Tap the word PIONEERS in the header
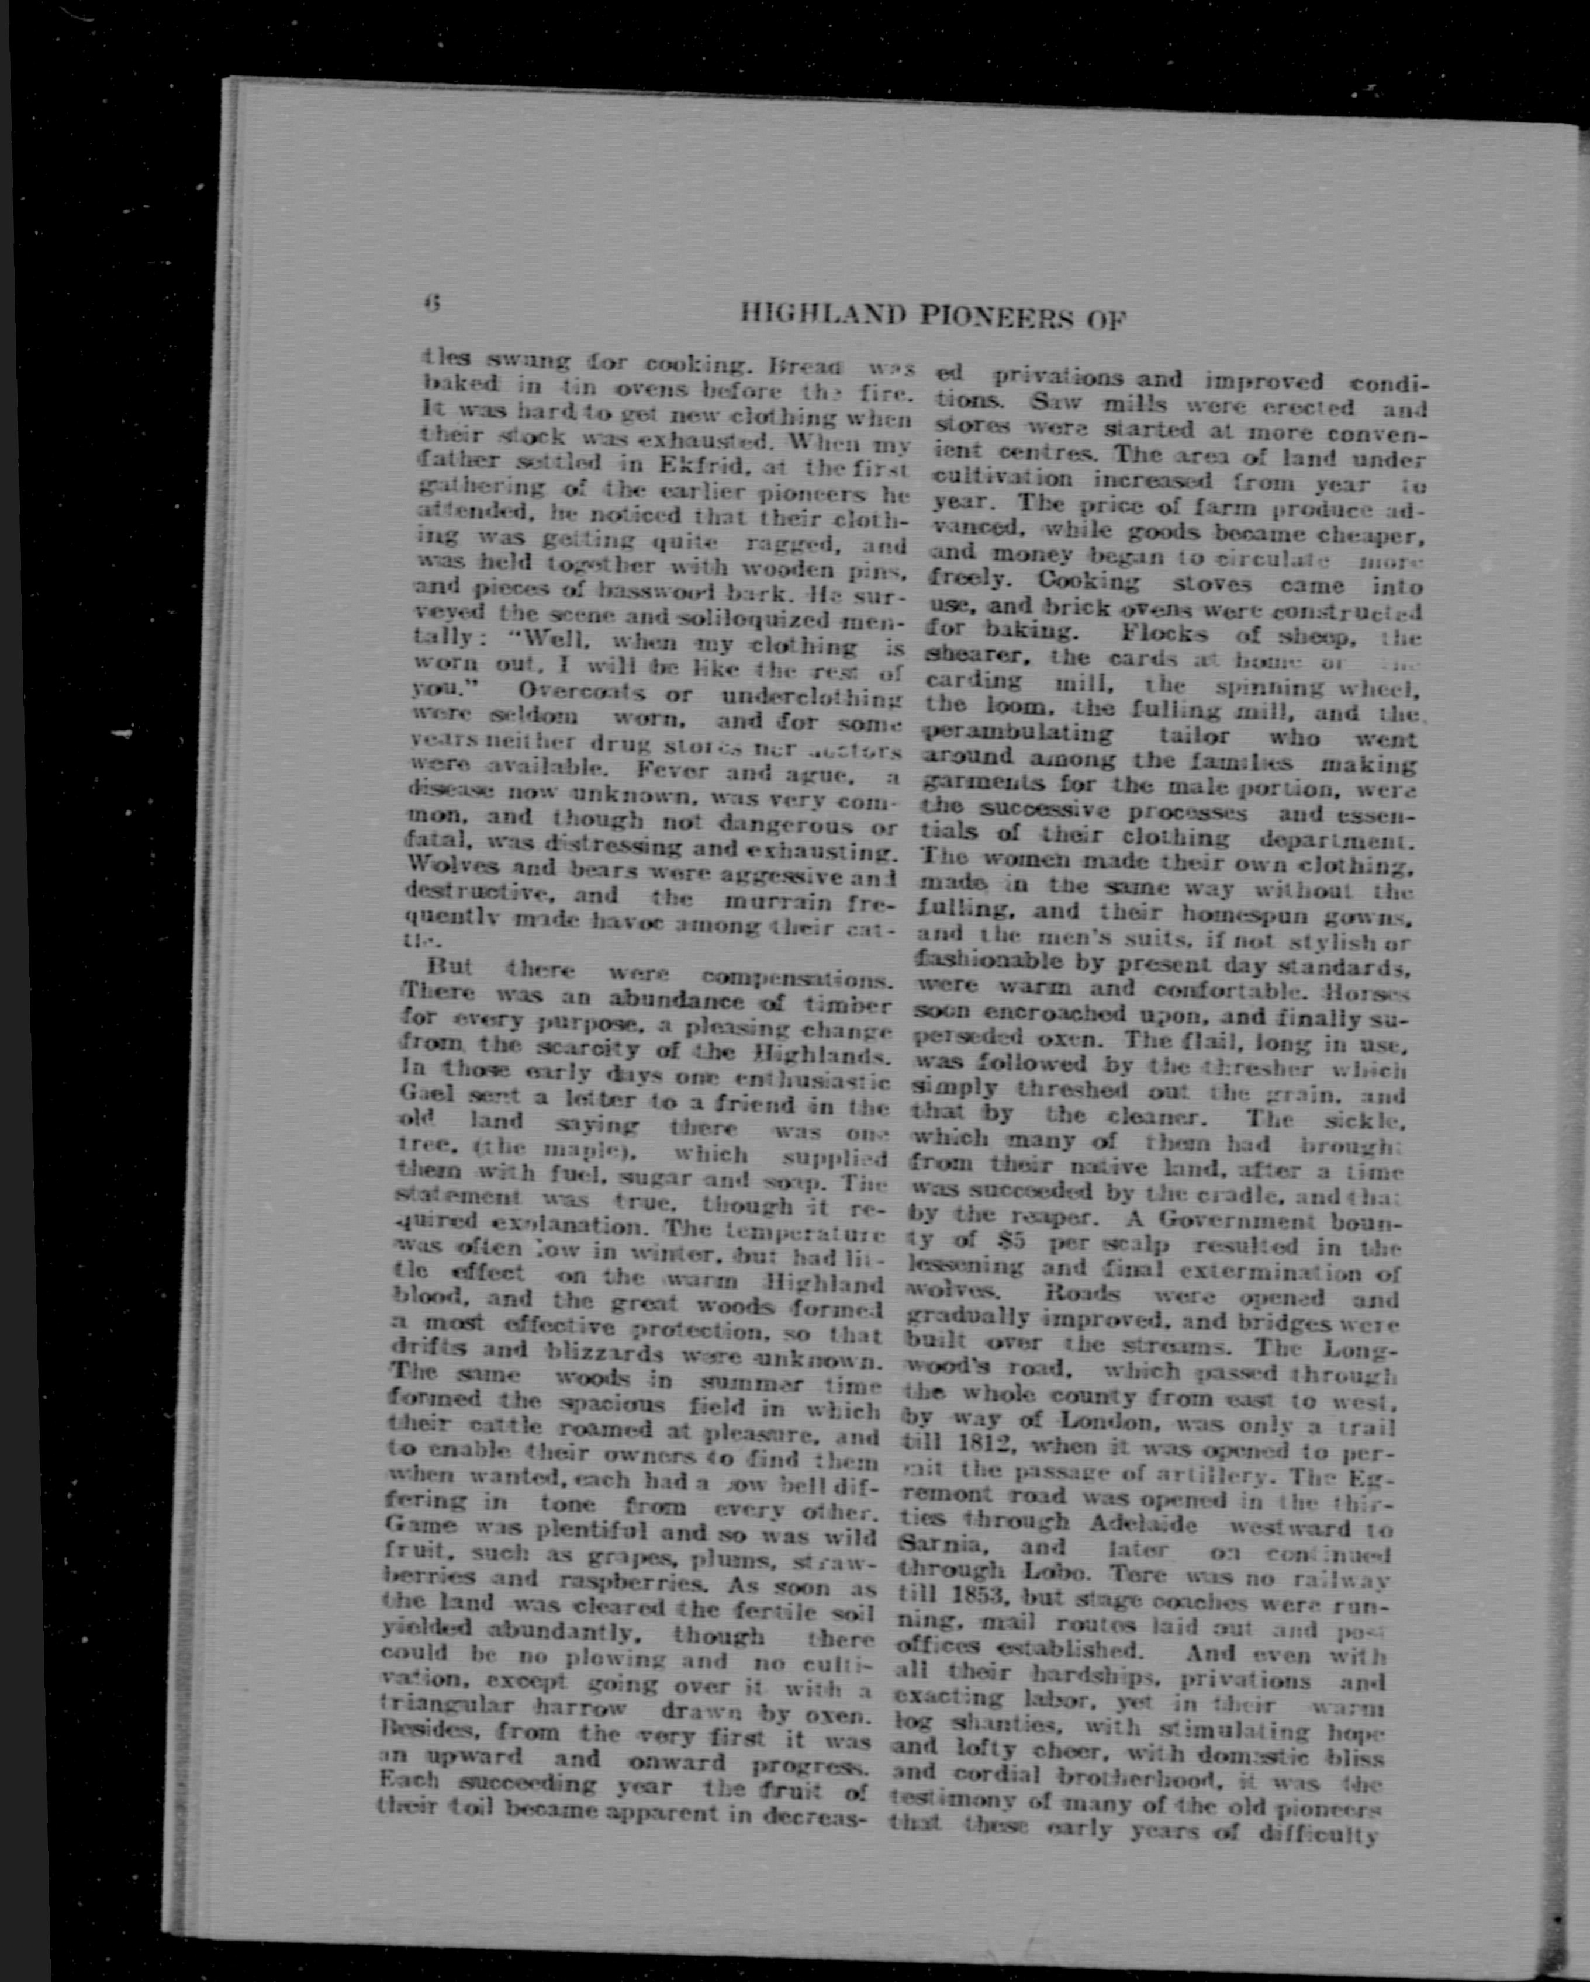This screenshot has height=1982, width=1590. (x=996, y=318)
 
